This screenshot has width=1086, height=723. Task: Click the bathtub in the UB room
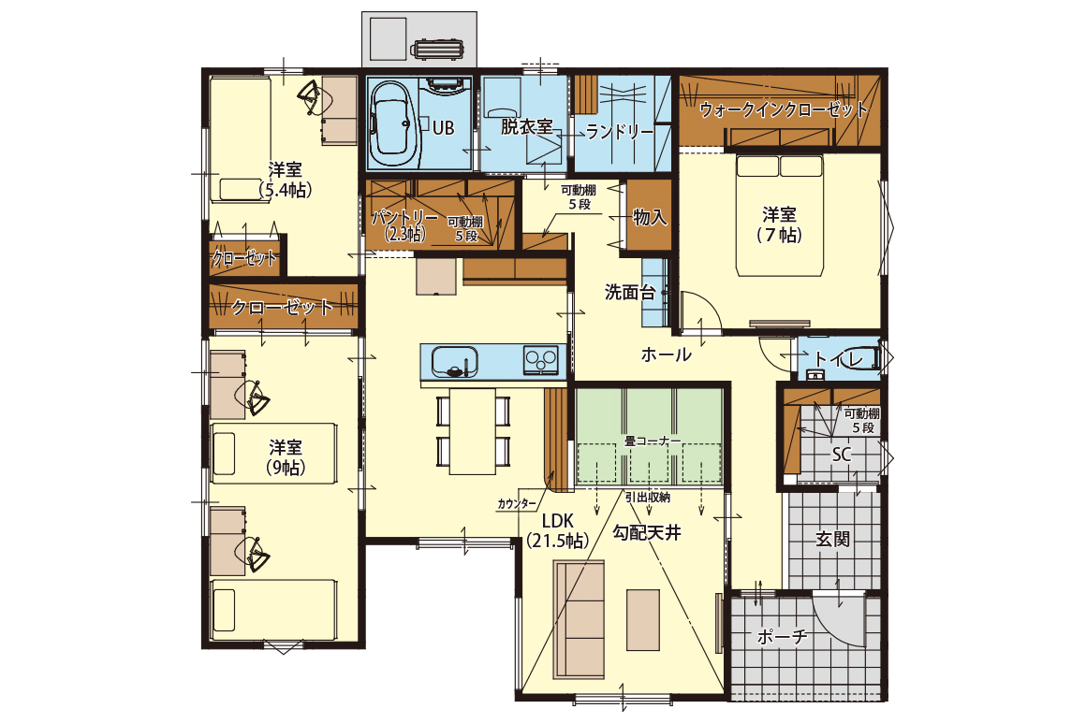[395, 124]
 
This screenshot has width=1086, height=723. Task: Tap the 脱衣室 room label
[526, 127]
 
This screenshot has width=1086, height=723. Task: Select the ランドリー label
[619, 132]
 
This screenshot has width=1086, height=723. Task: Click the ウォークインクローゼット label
[783, 109]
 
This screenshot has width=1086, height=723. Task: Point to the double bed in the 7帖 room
[780, 215]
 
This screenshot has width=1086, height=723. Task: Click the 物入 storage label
[651, 217]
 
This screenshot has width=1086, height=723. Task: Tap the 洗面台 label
[629, 293]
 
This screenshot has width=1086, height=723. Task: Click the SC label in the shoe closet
[841, 455]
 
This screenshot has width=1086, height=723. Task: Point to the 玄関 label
[832, 538]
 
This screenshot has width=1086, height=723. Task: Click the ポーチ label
[782, 637]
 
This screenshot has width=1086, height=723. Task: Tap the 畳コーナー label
[652, 441]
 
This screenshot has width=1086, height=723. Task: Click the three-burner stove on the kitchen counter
[541, 360]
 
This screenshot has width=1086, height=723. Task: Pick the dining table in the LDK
[473, 431]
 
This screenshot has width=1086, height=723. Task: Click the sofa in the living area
[579, 620]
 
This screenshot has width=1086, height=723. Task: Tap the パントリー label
[404, 217]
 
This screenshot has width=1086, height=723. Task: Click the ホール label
[667, 354]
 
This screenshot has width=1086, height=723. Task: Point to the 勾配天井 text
[647, 533]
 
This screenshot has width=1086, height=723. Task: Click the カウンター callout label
[517, 504]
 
